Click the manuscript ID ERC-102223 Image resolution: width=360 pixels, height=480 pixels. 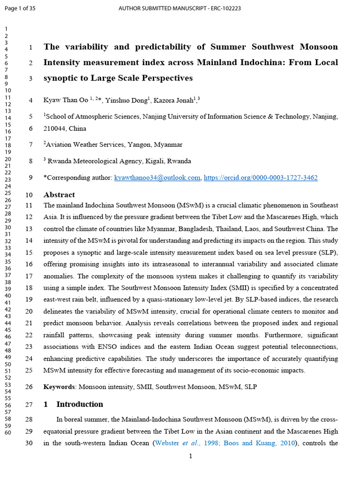pyautogui.click(x=224, y=8)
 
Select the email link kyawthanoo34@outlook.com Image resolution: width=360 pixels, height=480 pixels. pyautogui.click(x=157, y=178)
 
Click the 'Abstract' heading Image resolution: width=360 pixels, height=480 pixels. pyautogui.click(x=59, y=195)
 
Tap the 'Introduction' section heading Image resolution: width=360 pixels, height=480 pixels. pyautogui.click(x=80, y=404)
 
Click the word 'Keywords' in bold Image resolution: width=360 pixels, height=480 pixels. pyautogui.click(x=60, y=387)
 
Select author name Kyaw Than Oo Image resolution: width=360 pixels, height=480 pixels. pyautogui.click(x=66, y=100)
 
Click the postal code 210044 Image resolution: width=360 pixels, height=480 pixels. pyautogui.click(x=55, y=128)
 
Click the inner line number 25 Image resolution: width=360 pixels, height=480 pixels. pyautogui.click(x=29, y=370)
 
